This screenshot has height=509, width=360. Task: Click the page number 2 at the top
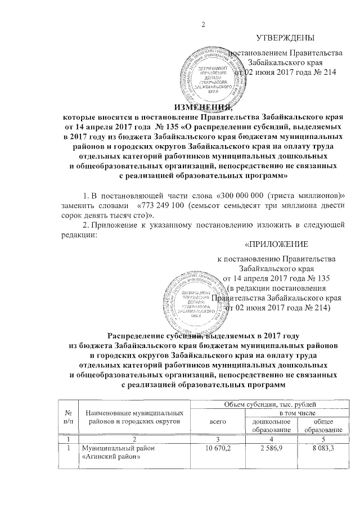(204, 23)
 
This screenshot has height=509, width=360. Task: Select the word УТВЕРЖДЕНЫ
(285, 38)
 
